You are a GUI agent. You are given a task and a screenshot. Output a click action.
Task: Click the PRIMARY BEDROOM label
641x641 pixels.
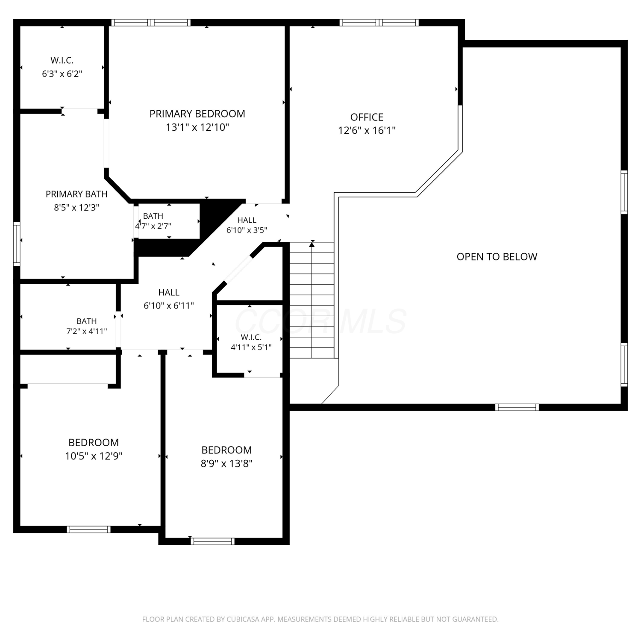pyautogui.click(x=197, y=114)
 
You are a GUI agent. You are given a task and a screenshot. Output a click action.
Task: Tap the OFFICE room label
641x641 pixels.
pyautogui.click(x=367, y=117)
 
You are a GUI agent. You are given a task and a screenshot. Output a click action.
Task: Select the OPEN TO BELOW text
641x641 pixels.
pyautogui.click(x=497, y=257)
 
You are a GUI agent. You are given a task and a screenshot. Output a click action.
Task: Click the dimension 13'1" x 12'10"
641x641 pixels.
pyautogui.click(x=197, y=127)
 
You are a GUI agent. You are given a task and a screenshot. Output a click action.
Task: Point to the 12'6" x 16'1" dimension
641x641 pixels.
pyautogui.click(x=367, y=130)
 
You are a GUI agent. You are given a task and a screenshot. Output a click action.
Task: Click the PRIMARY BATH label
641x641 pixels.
pyautogui.click(x=76, y=194)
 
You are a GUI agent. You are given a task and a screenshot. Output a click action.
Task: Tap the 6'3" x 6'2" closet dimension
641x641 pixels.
pyautogui.click(x=62, y=74)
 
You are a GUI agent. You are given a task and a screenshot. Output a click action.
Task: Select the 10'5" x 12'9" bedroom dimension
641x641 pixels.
pyautogui.click(x=94, y=456)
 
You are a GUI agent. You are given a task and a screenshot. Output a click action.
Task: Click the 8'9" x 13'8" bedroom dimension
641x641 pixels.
pyautogui.click(x=226, y=463)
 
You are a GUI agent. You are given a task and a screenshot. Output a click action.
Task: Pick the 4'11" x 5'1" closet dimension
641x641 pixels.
pyautogui.click(x=251, y=347)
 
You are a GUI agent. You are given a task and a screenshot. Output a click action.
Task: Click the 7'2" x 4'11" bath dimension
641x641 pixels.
pyautogui.click(x=86, y=331)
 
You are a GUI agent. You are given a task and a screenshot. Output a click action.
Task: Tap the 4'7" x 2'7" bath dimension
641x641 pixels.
pyautogui.click(x=153, y=226)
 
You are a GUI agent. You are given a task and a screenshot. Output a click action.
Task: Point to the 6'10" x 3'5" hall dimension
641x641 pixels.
pyautogui.click(x=247, y=230)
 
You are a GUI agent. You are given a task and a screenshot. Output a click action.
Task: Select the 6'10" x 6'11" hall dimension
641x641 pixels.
pyautogui.click(x=169, y=306)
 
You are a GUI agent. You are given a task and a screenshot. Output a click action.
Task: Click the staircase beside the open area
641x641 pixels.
pyautogui.click(x=312, y=300)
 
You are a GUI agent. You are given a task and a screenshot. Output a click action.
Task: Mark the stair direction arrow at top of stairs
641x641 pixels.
pyautogui.click(x=312, y=244)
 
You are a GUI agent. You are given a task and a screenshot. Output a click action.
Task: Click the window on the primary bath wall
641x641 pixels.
pyautogui.click(x=17, y=244)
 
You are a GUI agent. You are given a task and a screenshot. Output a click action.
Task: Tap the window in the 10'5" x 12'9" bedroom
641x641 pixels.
pyautogui.click(x=88, y=529)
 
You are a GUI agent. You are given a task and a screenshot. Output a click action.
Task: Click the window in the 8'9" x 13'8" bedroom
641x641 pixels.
pyautogui.click(x=212, y=541)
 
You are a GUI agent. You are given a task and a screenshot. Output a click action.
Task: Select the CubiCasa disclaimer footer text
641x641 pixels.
pyautogui.click(x=320, y=619)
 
